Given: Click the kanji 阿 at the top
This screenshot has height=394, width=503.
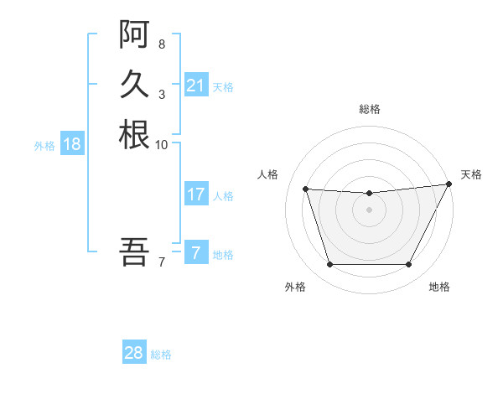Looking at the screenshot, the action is [134, 34].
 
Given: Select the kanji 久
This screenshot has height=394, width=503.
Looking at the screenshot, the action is [134, 84].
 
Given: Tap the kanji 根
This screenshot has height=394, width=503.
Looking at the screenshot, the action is [134, 134].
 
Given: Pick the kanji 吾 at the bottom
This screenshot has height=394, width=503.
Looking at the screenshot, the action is [134, 251].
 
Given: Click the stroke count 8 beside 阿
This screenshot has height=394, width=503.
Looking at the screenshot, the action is [161, 44].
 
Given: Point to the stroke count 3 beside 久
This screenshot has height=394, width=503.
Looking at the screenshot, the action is [161, 94].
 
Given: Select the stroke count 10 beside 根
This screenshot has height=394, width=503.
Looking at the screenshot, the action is [162, 144].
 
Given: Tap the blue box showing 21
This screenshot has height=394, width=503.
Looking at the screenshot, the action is [195, 86].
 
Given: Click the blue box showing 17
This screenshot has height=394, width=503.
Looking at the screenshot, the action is [195, 194].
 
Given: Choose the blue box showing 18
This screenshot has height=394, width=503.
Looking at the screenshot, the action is [72, 144].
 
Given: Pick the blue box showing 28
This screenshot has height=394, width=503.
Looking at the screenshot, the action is [134, 353].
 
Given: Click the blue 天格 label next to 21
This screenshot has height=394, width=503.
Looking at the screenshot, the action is [223, 86].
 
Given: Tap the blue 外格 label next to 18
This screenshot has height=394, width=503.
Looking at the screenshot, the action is [44, 145].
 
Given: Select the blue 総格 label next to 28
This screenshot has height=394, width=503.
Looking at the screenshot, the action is [161, 354].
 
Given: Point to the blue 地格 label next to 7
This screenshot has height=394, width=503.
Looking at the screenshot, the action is [223, 254].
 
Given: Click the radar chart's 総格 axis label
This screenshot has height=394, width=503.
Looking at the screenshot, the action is [369, 109].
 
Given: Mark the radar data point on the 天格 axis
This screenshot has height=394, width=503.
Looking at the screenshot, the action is [449, 184].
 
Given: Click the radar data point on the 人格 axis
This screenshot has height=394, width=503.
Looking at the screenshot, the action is [305, 189].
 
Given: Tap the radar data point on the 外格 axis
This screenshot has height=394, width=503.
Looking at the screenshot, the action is [329, 265].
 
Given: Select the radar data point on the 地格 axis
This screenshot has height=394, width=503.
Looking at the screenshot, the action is [408, 265].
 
